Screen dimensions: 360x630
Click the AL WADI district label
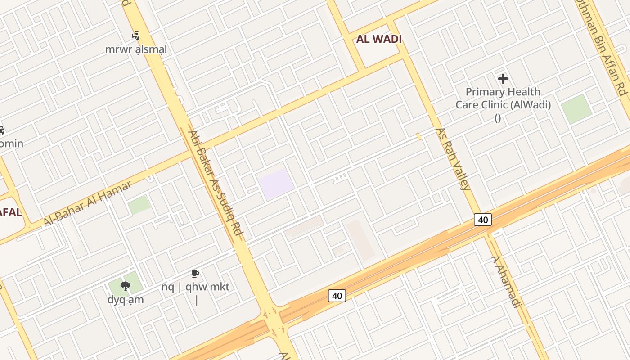click(379, 39)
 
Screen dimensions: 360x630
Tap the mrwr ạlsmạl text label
click(136, 49)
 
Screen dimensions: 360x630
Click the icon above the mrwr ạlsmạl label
click(135, 36)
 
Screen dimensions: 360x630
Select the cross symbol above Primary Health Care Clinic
click(503, 79)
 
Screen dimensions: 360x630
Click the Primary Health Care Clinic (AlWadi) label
click(503, 99)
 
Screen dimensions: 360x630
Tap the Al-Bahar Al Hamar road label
click(88, 204)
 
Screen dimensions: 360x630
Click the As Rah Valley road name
click(453, 159)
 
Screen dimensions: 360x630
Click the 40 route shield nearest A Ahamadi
click(483, 220)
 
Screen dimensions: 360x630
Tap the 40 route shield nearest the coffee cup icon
click(337, 296)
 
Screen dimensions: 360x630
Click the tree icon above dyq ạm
click(126, 286)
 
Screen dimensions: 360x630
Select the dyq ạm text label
click(126, 300)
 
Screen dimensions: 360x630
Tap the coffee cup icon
click(195, 274)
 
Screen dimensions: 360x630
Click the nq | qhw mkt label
click(195, 287)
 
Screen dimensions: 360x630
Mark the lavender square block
click(276, 184)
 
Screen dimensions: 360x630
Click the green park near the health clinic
click(576, 109)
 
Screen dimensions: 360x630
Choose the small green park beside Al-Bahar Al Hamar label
click(139, 205)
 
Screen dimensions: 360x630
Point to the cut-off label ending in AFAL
click(10, 213)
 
